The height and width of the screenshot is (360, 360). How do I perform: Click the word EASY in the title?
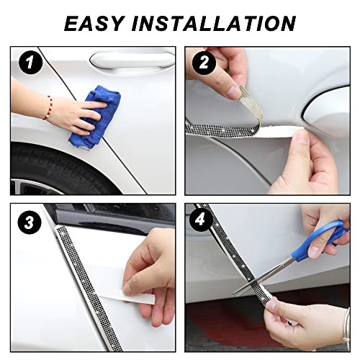tap(95, 24)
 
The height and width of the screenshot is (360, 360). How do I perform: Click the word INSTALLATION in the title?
tap(214, 24)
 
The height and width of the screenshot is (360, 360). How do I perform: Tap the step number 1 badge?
tap(31, 63)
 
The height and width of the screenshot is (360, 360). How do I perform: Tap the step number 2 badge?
tap(204, 63)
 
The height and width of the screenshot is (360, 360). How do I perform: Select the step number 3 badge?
tap(30, 222)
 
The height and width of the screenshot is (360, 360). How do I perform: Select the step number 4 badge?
tap(201, 220)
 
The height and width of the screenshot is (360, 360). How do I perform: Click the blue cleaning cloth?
tap(95, 117)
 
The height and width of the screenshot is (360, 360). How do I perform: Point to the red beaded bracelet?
tap(48, 108)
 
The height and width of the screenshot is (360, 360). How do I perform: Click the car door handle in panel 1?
tap(132, 60)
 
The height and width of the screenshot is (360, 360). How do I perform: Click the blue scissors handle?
tap(319, 240)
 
